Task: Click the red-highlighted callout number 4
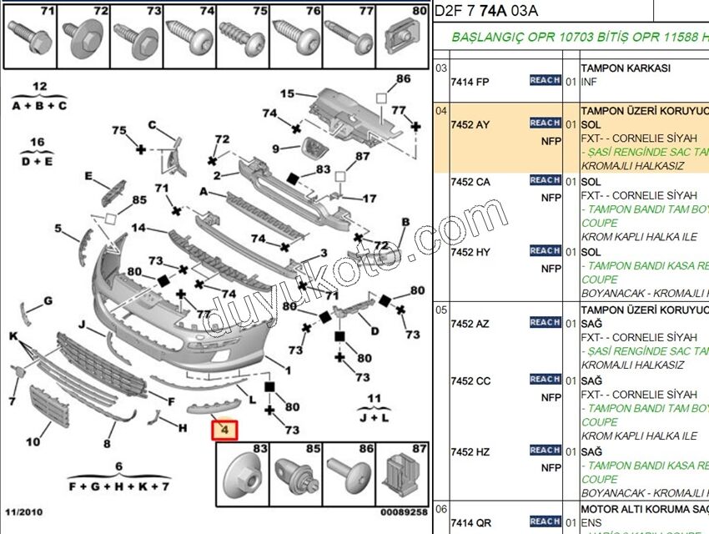click(224, 431)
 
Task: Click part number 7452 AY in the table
click(470, 124)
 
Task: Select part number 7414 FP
click(470, 82)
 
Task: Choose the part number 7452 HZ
click(470, 451)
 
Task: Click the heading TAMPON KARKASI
click(625, 68)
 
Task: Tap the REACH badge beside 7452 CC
click(545, 380)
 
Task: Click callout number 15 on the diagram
click(287, 94)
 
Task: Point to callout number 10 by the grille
click(33, 442)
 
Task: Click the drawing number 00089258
click(404, 511)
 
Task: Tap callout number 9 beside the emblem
click(275, 149)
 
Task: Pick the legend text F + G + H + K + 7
click(119, 486)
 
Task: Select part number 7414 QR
click(470, 523)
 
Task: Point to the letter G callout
click(48, 300)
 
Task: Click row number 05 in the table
click(441, 309)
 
